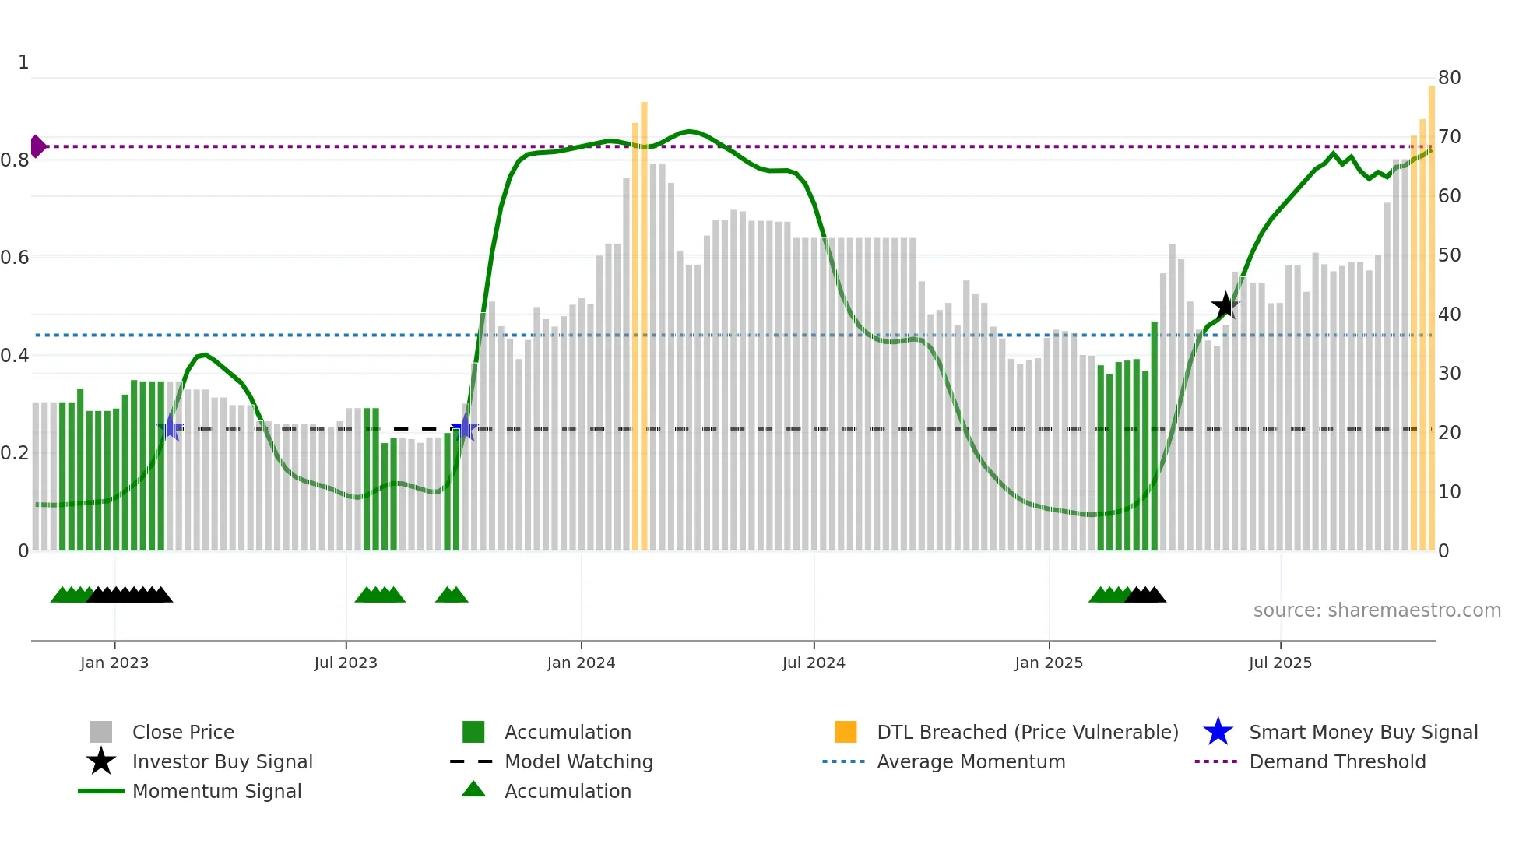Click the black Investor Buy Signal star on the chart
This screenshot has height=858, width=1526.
pyautogui.click(x=1225, y=305)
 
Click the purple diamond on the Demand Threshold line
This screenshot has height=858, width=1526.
pyautogui.click(x=38, y=146)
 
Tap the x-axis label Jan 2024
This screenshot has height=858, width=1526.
pyautogui.click(x=581, y=663)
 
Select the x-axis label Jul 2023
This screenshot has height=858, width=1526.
pyautogui.click(x=346, y=663)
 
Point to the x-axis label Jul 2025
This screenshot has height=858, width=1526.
pyautogui.click(x=1280, y=663)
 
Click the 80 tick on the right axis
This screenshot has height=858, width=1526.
pyautogui.click(x=1449, y=78)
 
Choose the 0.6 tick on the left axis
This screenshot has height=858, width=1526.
pyautogui.click(x=16, y=258)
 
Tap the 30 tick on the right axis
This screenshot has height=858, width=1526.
pyautogui.click(x=1449, y=374)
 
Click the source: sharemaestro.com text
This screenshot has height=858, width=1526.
pyautogui.click(x=1377, y=610)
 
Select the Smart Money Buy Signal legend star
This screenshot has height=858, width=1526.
pyautogui.click(x=1218, y=732)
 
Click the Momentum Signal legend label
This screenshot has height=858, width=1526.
pyautogui.click(x=216, y=791)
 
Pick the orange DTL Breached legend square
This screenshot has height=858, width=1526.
pyautogui.click(x=846, y=732)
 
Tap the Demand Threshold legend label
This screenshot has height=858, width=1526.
pyautogui.click(x=1337, y=761)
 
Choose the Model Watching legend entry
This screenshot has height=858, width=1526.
pyautogui.click(x=578, y=761)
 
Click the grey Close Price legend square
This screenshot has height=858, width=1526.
pyautogui.click(x=101, y=732)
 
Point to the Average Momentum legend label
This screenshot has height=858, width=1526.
pyautogui.click(x=971, y=761)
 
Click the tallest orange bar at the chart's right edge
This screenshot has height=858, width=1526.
pyautogui.click(x=1431, y=311)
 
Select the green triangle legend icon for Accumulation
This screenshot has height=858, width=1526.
pyautogui.click(x=473, y=789)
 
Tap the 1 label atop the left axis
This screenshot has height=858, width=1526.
pyautogui.click(x=23, y=62)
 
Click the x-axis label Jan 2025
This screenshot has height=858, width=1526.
pyautogui.click(x=1049, y=663)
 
